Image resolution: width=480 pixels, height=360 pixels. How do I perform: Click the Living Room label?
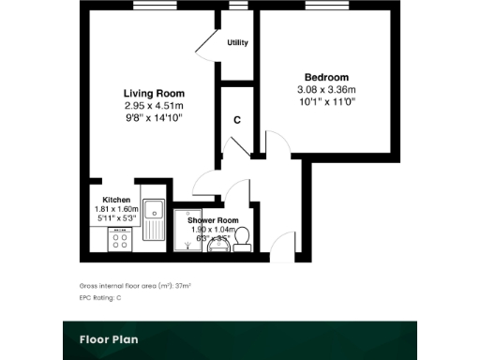(154, 94)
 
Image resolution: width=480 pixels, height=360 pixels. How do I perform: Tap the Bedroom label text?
(326, 77)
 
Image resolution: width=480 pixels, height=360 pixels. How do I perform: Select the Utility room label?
(237, 43)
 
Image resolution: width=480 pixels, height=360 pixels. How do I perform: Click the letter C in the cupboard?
(237, 120)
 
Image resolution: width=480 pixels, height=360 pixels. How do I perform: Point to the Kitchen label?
(116, 200)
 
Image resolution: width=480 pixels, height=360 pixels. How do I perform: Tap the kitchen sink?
(155, 218)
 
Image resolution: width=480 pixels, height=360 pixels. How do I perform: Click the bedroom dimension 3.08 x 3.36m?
(326, 89)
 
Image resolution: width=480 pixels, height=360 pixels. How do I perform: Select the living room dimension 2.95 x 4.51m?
(154, 106)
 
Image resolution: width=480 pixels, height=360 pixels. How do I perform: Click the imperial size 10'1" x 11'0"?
(326, 101)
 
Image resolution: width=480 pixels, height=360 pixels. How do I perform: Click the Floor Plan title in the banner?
(110, 338)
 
